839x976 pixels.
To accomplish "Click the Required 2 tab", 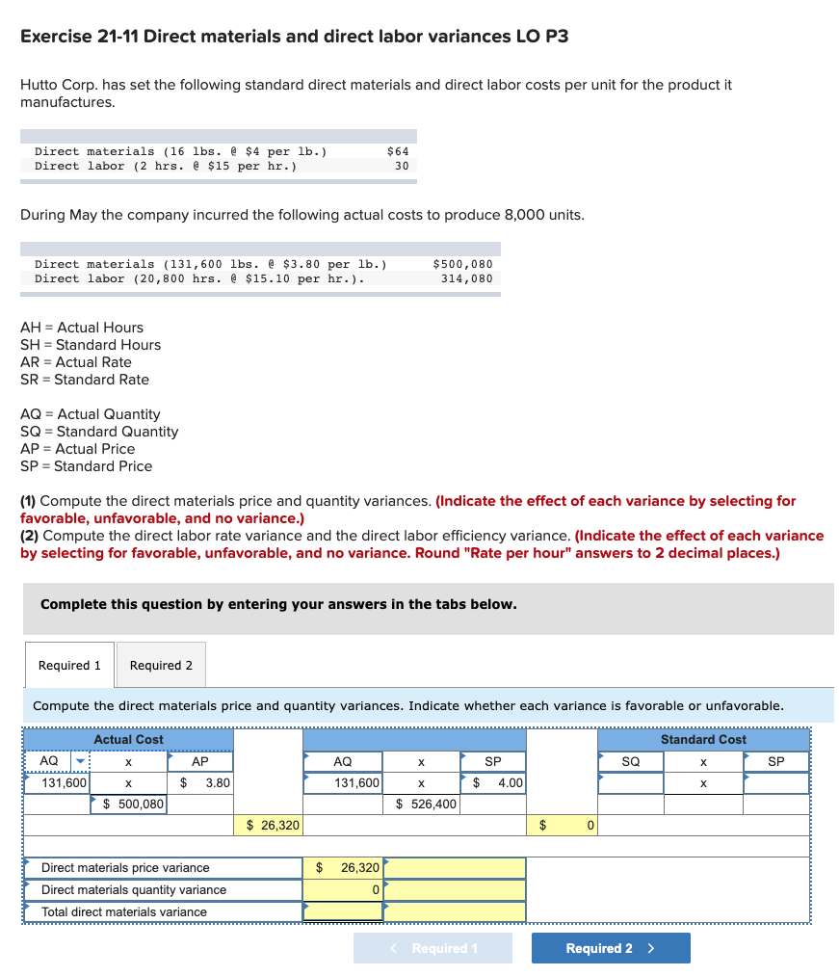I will click(161, 665).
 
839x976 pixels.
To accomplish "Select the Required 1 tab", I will click(69, 665).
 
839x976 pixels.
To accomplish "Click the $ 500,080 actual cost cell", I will click(128, 804).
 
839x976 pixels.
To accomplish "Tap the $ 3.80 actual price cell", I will click(199, 783).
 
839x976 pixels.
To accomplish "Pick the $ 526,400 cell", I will click(422, 804).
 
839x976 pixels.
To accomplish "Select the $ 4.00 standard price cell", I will click(493, 783).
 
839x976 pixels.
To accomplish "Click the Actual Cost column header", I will click(128, 739).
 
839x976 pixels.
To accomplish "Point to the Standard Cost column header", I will click(702, 739).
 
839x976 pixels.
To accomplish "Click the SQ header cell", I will click(630, 761).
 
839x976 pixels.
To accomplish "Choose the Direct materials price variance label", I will click(125, 868).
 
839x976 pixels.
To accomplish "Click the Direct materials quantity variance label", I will click(134, 890).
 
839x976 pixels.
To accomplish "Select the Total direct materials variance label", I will click(124, 912).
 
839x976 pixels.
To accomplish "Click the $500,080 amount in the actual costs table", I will click(462, 264).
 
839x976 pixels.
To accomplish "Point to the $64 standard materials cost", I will click(397, 151).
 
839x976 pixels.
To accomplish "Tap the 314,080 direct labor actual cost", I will click(466, 279).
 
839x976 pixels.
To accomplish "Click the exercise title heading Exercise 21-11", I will click(294, 37).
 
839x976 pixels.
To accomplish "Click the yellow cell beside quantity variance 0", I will click(455, 890).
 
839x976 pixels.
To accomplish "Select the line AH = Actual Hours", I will click(82, 328).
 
